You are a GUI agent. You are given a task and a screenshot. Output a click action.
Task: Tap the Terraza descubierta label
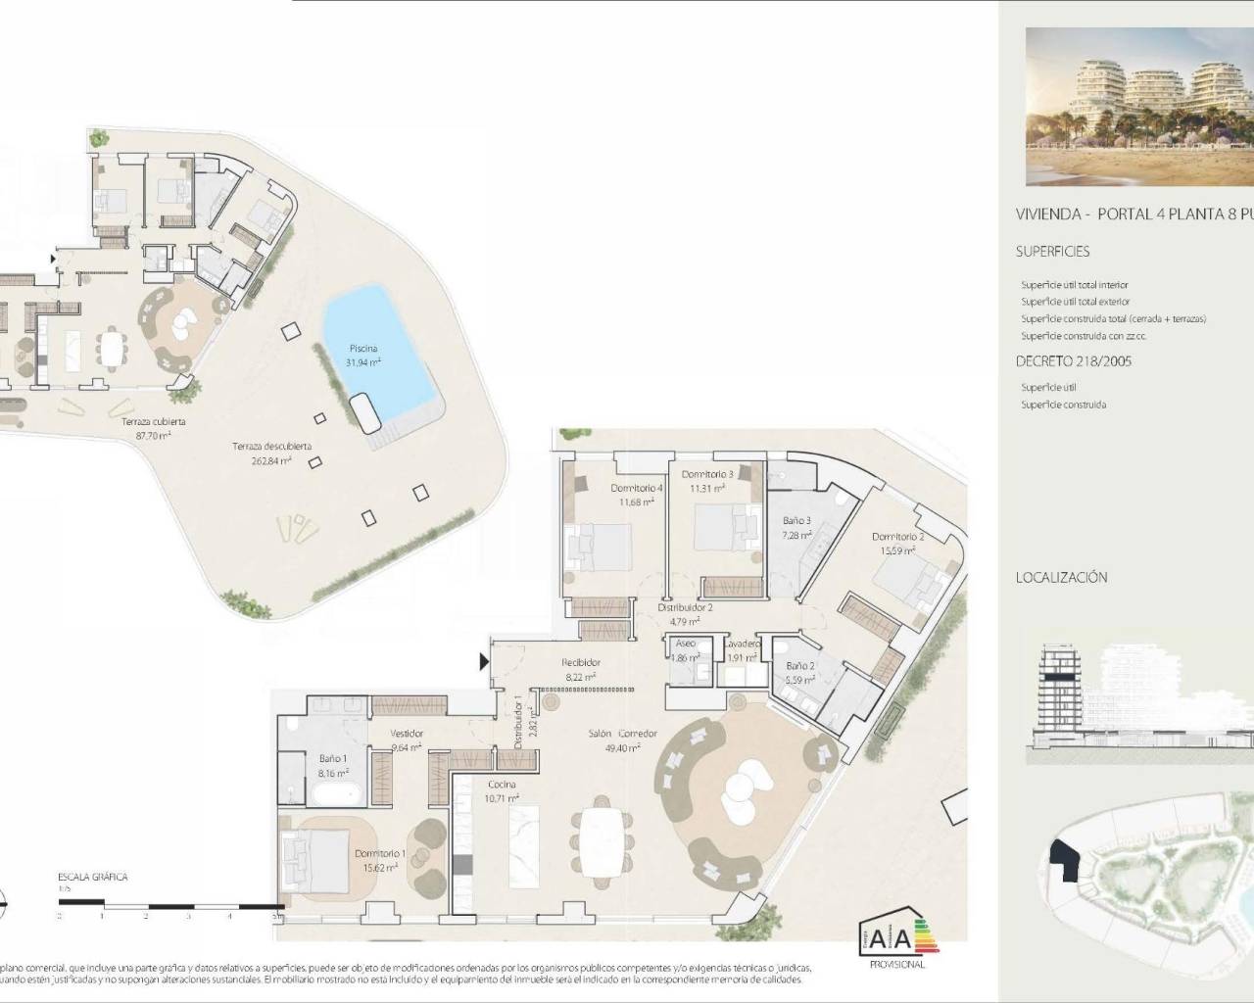click(271, 447)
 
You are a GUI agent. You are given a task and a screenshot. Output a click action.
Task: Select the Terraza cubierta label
click(154, 421)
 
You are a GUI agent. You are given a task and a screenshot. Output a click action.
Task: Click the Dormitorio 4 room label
click(636, 489)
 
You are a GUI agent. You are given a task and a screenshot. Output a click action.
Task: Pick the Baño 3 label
click(796, 521)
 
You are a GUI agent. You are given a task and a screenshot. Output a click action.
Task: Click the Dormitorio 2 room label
click(897, 538)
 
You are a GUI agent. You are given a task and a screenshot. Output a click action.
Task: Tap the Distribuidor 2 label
click(685, 608)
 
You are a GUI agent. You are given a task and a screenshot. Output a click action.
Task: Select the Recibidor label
click(581, 663)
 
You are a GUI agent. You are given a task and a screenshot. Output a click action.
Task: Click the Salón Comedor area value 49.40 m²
click(623, 746)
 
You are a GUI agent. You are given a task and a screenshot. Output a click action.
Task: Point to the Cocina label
click(502, 786)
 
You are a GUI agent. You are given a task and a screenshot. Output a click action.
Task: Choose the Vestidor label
click(407, 734)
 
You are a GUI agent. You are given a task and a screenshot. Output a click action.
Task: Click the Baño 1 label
click(331, 759)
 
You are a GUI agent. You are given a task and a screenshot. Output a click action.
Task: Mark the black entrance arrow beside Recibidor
click(484, 662)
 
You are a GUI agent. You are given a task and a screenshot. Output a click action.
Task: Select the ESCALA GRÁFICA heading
click(93, 878)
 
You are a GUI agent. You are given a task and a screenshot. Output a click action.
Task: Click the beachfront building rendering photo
click(1139, 107)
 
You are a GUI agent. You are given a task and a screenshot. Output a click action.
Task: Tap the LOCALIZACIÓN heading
click(1061, 577)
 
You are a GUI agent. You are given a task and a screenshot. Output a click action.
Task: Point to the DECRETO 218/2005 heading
click(1074, 361)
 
